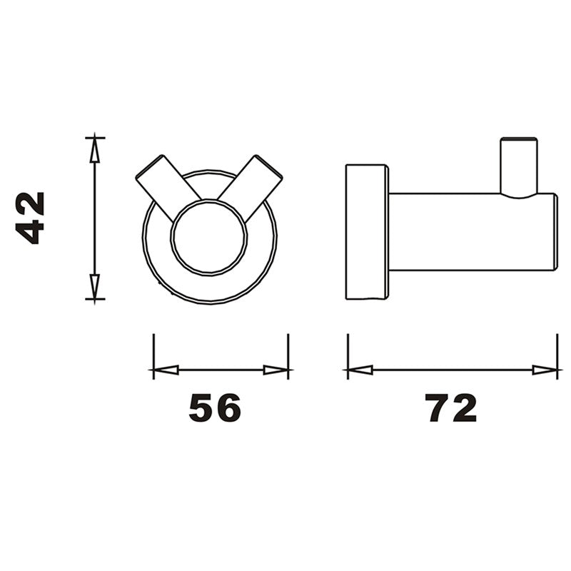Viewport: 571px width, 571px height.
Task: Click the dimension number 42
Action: pos(31,218)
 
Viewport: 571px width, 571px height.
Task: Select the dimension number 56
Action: pos(215,408)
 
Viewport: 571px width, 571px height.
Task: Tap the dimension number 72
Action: pos(452,408)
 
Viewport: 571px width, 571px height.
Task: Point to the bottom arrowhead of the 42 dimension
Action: pos(94,287)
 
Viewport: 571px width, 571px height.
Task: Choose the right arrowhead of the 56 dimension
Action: pos(276,370)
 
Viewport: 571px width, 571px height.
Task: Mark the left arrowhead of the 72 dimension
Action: pos(359,370)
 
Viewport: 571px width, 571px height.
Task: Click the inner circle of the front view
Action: pos(208,237)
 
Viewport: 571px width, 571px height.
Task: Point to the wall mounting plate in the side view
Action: pos(367,232)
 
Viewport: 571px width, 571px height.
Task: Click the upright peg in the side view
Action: pos(518,166)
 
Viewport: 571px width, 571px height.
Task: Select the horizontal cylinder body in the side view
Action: pos(464,232)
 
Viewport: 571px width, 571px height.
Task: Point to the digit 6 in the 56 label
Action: pos(228,408)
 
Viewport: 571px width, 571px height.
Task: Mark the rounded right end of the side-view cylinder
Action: pos(554,232)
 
